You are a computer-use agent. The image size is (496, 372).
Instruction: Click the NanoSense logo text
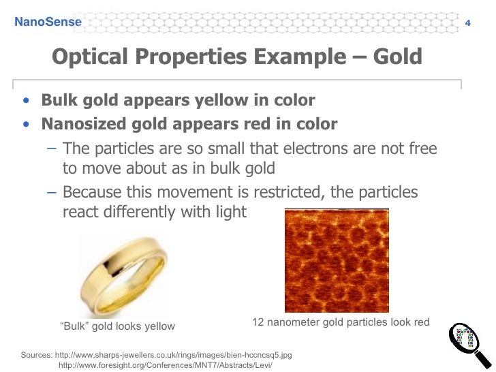[x=48, y=22]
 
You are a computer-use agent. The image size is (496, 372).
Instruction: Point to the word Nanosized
[x=84, y=124]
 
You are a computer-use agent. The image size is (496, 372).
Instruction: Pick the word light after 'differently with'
[x=228, y=213]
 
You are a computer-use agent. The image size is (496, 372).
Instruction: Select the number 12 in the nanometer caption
[x=258, y=322]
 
